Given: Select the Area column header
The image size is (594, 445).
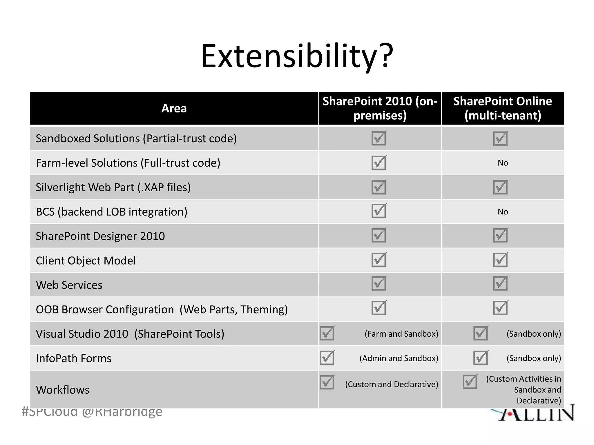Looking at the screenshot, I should click(x=174, y=108).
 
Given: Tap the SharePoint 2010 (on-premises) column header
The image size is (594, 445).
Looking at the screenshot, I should click(x=380, y=108).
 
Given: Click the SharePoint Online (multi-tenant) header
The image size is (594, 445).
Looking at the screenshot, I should click(x=503, y=108).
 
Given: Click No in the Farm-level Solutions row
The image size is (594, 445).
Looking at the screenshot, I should click(x=503, y=163).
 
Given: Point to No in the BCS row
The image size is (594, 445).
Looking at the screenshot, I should click(x=503, y=212).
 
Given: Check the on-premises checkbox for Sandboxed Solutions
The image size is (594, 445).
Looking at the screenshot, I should click(x=379, y=138).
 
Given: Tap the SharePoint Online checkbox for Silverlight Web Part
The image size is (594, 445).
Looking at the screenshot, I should click(x=500, y=187).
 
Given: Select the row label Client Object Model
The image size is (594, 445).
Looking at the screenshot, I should click(x=86, y=260).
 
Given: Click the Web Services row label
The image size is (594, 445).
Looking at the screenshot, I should click(x=69, y=285).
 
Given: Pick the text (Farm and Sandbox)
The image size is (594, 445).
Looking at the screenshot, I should click(x=401, y=334).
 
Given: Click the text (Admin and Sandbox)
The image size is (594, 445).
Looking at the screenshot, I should click(x=399, y=358).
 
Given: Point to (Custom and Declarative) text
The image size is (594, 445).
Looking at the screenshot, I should click(x=391, y=384).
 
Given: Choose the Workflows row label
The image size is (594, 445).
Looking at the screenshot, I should click(x=63, y=390).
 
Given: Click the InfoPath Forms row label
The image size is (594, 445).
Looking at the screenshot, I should click(x=74, y=358).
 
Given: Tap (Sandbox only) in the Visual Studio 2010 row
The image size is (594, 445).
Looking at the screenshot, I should click(x=533, y=334).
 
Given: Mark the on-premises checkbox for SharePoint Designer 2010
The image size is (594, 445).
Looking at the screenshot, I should click(x=379, y=235).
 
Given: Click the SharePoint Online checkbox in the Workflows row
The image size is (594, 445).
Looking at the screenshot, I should click(x=470, y=382).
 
